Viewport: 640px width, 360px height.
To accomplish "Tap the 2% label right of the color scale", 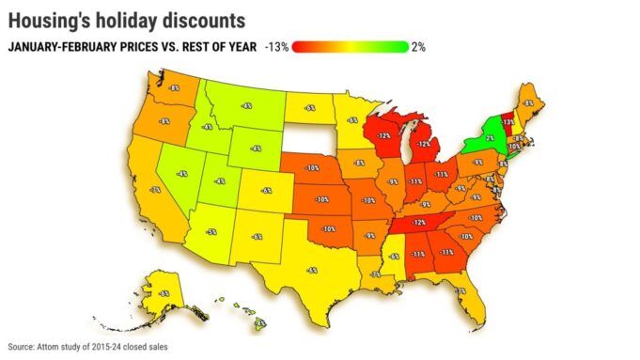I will pos(418,46).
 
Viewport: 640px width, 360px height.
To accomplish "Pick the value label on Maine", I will pos(528,103).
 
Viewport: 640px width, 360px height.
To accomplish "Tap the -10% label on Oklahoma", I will pos(328,227).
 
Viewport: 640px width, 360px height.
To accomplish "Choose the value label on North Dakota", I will pos(309,108).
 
